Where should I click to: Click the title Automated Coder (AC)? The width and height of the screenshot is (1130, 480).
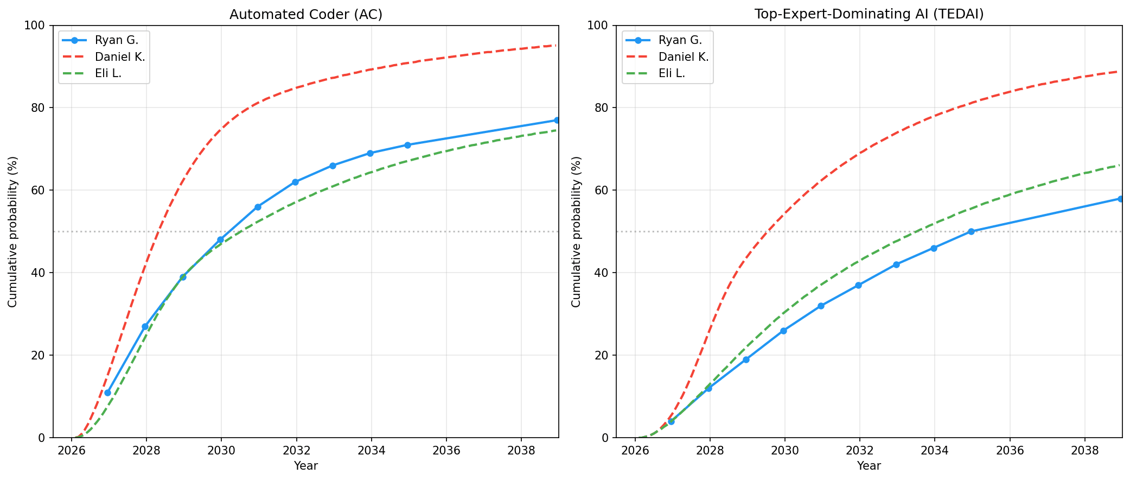305,15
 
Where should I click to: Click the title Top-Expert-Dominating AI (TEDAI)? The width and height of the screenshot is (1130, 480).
869,15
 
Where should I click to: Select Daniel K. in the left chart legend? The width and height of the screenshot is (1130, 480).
119,56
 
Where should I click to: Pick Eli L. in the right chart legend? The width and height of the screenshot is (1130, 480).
672,73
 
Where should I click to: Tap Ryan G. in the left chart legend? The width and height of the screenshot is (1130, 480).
116,40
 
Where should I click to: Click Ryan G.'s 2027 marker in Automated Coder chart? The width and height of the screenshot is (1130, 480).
107,393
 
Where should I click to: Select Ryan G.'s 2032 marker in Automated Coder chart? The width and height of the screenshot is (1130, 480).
295,182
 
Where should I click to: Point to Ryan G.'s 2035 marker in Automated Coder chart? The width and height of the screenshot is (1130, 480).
407,145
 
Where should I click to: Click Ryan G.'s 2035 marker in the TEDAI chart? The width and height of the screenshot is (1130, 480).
971,231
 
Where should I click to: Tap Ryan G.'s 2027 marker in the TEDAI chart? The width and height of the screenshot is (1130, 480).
671,421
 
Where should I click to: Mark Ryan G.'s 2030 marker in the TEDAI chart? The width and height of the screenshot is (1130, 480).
783,331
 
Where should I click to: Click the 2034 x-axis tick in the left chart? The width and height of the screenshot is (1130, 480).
371,451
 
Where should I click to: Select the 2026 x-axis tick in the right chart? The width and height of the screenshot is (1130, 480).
635,451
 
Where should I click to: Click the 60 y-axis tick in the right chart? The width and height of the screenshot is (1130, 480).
603,191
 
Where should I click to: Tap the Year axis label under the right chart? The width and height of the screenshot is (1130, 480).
869,466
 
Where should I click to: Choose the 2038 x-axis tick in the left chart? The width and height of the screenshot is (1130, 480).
521,451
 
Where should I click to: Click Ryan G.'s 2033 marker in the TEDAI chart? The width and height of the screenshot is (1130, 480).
896,264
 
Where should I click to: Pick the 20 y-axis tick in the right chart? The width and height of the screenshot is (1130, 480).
603,355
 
